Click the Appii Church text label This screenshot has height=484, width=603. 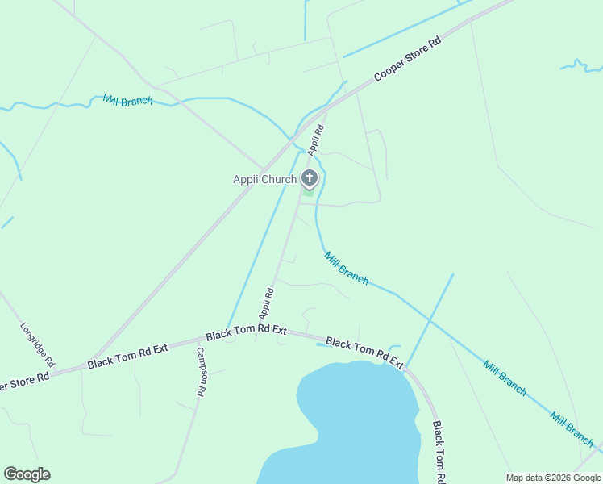(x=264, y=179)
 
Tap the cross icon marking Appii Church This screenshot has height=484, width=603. (x=309, y=177)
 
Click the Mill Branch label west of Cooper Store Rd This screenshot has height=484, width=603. (x=127, y=102)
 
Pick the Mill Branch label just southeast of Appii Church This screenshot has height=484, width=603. (x=347, y=268)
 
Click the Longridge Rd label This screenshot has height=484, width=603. (x=37, y=344)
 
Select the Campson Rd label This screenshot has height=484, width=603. (x=199, y=371)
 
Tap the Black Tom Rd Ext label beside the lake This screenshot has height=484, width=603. (x=364, y=353)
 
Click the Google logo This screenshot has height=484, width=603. (x=27, y=474)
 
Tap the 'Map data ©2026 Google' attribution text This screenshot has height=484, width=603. (x=552, y=478)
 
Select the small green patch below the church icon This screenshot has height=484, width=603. (x=308, y=192)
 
